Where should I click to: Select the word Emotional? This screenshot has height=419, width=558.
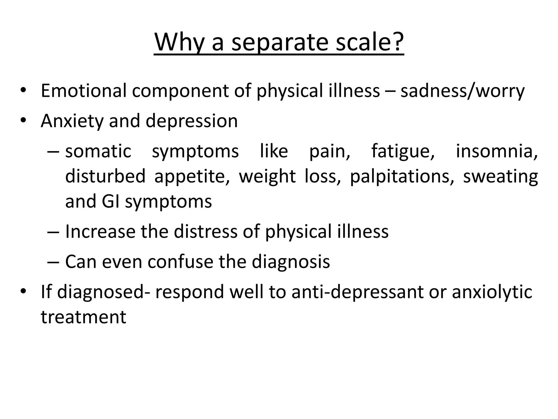[x=84, y=91]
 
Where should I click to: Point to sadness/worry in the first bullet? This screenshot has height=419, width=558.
[x=462, y=91]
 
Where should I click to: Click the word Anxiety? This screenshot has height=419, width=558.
[x=72, y=121]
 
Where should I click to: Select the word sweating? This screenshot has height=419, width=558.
[x=501, y=177]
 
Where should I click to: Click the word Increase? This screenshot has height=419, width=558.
[x=100, y=232]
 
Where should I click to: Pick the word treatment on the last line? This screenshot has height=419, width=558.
[x=83, y=317]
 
